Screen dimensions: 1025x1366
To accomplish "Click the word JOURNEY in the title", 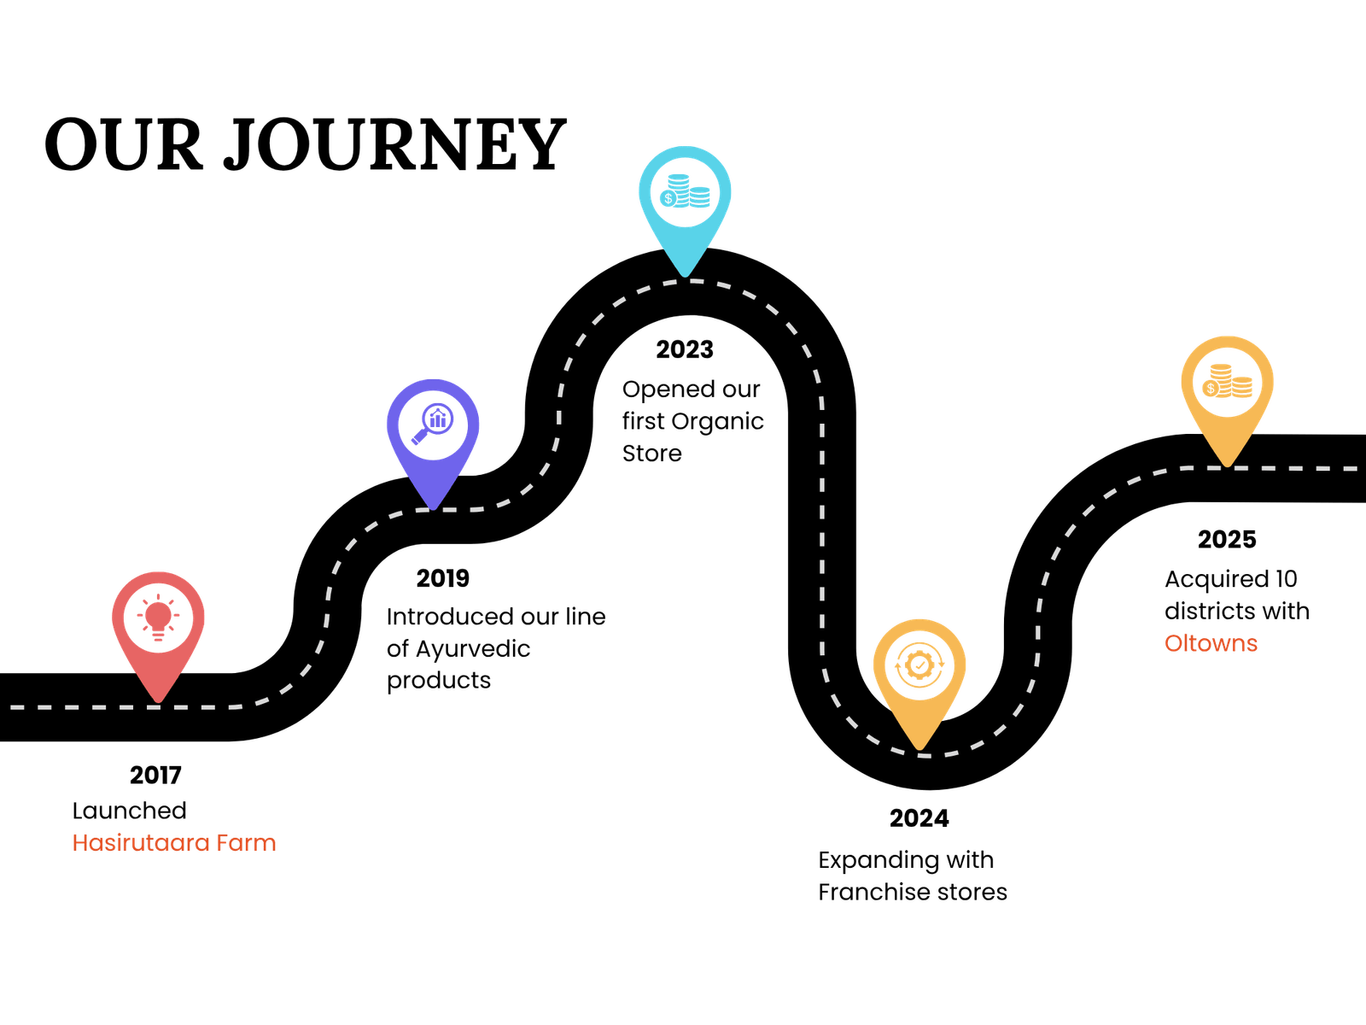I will [x=394, y=146].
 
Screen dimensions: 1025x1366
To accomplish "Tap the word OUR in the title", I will [x=123, y=146].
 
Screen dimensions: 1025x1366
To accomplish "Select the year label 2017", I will [x=155, y=776].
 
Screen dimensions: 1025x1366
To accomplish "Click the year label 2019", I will [x=442, y=579].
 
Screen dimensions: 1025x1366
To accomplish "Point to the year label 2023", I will [x=685, y=349].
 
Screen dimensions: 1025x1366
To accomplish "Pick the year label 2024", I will [x=919, y=819].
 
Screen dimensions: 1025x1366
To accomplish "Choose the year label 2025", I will [x=1227, y=540].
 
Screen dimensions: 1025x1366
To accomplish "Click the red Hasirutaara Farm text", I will [x=174, y=843].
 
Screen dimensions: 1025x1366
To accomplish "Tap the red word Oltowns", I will [x=1211, y=643].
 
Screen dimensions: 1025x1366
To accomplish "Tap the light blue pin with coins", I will [x=685, y=195].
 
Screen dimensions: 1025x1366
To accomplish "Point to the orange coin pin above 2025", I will [x=1227, y=384].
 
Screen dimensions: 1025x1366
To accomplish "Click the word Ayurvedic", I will [x=472, y=649].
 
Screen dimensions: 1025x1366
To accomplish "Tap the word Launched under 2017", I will [x=129, y=811].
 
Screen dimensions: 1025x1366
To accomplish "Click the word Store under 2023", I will [x=651, y=454].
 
